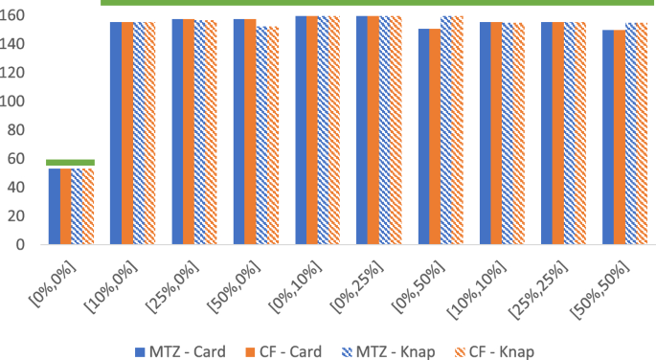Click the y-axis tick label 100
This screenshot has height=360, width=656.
click(13, 101)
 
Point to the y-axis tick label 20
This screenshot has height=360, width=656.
click(16, 216)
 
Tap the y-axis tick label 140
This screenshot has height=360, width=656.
click(13, 44)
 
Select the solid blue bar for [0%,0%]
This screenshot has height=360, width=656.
click(55, 207)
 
